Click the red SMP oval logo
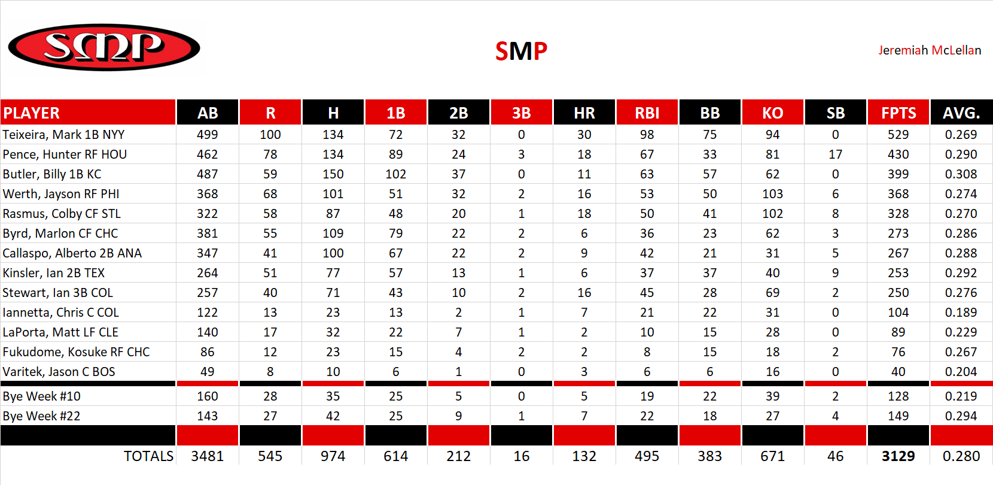pyautogui.click(x=104, y=47)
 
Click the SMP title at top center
pyautogui.click(x=521, y=51)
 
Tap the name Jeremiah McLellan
pyautogui.click(x=929, y=50)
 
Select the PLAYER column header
pyautogui.click(x=32, y=113)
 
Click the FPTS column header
pyautogui.click(x=898, y=113)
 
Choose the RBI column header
pyautogui.click(x=647, y=113)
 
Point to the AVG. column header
pyautogui.click(x=961, y=113)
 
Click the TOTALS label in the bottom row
pyautogui.click(x=148, y=456)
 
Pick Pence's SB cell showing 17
pyautogui.click(x=835, y=154)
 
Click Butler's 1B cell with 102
pyautogui.click(x=395, y=174)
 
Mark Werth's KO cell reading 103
pyautogui.click(x=772, y=194)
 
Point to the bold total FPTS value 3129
pyautogui.click(x=898, y=456)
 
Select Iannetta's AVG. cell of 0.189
pyautogui.click(x=961, y=313)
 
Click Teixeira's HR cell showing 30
pyautogui.click(x=584, y=135)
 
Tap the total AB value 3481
pyautogui.click(x=207, y=456)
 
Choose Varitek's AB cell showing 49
pyautogui.click(x=207, y=372)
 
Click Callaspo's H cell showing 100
pyautogui.click(x=333, y=253)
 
